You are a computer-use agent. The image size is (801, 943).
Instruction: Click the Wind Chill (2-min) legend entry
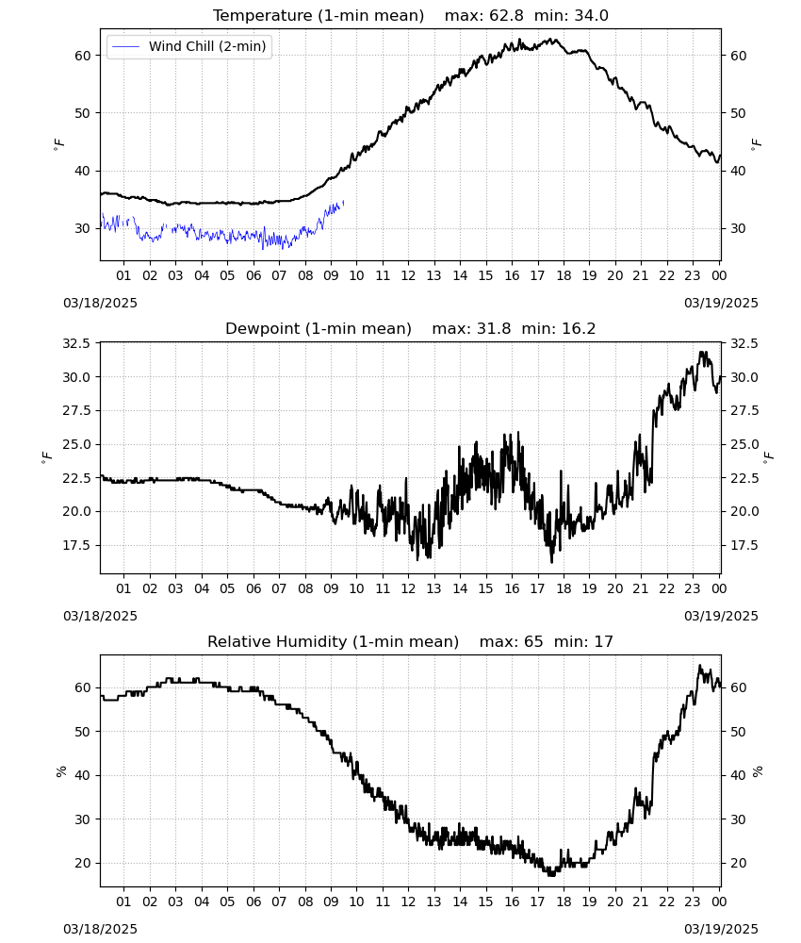(x=189, y=46)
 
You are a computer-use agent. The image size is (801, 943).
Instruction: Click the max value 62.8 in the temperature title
(x=507, y=15)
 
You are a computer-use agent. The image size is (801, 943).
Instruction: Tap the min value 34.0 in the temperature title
(x=591, y=15)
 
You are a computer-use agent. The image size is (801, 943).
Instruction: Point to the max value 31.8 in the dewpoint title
(x=494, y=328)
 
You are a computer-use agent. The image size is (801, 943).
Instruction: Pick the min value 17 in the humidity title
(x=604, y=641)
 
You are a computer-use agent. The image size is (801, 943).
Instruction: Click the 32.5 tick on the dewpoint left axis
(x=77, y=343)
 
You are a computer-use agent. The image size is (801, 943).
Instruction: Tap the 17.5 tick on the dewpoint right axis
(x=744, y=545)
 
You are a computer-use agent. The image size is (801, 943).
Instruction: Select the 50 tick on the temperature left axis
(x=83, y=113)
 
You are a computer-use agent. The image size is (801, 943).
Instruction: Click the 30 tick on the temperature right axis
(x=738, y=228)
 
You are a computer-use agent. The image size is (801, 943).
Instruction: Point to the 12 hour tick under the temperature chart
(x=409, y=275)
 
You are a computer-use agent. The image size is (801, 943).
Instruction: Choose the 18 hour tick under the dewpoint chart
(x=564, y=588)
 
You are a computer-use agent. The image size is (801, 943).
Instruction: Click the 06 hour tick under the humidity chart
(x=253, y=902)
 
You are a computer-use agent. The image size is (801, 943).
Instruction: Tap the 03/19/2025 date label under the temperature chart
(x=721, y=303)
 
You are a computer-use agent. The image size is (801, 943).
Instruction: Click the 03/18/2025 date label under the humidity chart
(x=100, y=929)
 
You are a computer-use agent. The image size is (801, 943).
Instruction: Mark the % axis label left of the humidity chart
(x=60, y=771)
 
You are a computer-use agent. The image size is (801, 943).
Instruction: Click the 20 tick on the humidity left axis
(x=83, y=863)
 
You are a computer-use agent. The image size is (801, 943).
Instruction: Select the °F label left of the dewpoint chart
(x=47, y=458)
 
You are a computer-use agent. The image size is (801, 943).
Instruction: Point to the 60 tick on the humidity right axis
(x=738, y=687)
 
